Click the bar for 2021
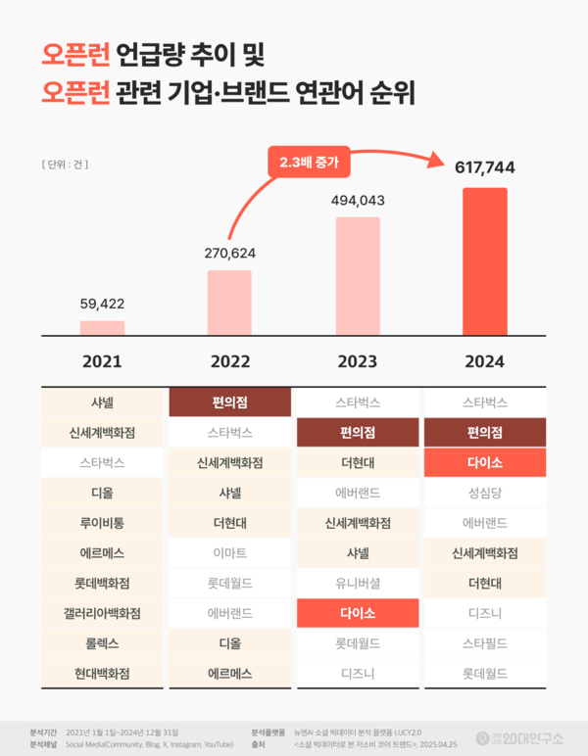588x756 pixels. [102, 328]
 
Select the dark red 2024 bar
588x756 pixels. [484, 261]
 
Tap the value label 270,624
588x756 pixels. [229, 253]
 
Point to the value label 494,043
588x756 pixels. [357, 201]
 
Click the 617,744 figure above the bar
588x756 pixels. [484, 167]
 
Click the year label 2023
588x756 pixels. [357, 361]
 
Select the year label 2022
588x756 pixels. [229, 361]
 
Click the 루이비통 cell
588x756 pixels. [102, 523]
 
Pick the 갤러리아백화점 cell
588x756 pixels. [102, 613]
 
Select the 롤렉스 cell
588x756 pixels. [102, 643]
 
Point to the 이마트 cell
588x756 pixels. [229, 553]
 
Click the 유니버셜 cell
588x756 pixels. [357, 583]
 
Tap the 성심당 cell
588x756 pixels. [484, 493]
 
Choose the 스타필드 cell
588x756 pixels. [484, 643]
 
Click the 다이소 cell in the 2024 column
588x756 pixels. [484, 462]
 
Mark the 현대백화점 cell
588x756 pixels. [102, 674]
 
